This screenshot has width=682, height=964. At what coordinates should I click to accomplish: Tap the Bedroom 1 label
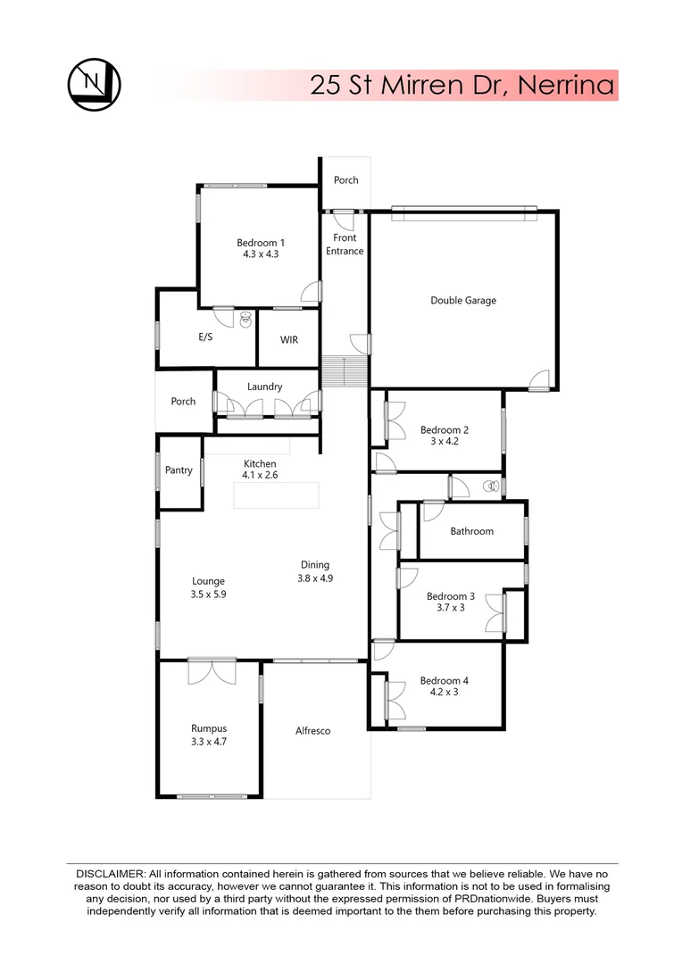pyautogui.click(x=261, y=242)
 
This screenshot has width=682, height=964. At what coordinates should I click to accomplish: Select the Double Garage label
pyautogui.click(x=463, y=301)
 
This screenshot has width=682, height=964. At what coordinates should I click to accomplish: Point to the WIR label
pyautogui.click(x=288, y=340)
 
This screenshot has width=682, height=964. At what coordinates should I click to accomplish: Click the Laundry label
pyautogui.click(x=265, y=386)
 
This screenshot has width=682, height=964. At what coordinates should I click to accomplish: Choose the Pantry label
pyautogui.click(x=179, y=470)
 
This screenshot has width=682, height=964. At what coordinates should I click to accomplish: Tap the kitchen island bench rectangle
pyautogui.click(x=276, y=494)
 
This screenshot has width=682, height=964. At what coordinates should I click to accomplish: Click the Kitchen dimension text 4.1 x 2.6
pyautogui.click(x=261, y=476)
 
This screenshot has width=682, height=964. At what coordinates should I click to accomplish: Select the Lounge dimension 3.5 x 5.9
pyautogui.click(x=207, y=594)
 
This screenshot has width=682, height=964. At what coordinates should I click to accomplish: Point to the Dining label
pyautogui.click(x=315, y=564)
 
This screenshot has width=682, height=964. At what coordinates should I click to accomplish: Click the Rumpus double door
pyautogui.click(x=212, y=670)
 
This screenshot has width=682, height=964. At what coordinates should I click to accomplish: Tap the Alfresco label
pyautogui.click(x=313, y=731)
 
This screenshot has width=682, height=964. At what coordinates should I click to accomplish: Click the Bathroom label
pyautogui.click(x=471, y=531)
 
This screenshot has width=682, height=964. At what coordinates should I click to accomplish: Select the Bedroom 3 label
pyautogui.click(x=451, y=596)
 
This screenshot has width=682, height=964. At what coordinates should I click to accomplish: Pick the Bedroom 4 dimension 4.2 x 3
pyautogui.click(x=444, y=692)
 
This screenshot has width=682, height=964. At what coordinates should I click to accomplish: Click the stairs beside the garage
pyautogui.click(x=345, y=370)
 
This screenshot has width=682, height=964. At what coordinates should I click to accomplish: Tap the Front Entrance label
pyautogui.click(x=345, y=245)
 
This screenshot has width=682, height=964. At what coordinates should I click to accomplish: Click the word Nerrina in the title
pyautogui.click(x=567, y=86)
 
